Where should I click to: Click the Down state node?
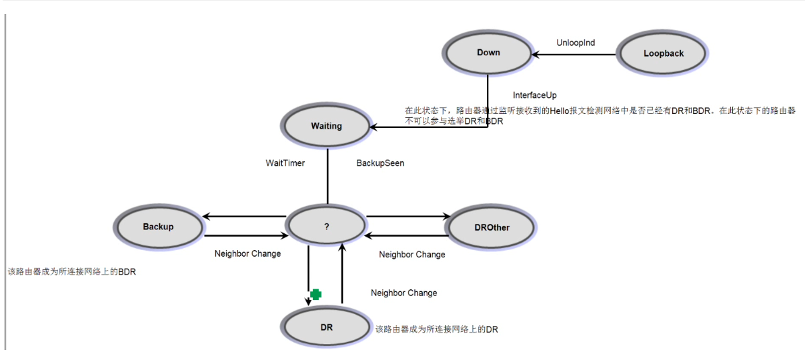tap(488, 53)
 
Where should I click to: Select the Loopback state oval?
tap(663, 53)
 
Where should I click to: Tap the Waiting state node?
tap(326, 126)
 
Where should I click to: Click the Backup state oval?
tap(158, 227)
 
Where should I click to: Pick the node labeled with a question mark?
tap(327, 227)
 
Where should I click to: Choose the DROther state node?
tap(492, 227)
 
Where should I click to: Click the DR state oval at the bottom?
tap(326, 328)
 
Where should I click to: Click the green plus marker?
tap(316, 294)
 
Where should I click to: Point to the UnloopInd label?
tap(576, 43)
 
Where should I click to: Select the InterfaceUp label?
tap(534, 95)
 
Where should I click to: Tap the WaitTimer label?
tap(285, 163)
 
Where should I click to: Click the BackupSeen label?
tap(380, 163)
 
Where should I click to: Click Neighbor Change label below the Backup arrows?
tap(247, 253)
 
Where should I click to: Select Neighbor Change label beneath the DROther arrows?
tap(412, 255)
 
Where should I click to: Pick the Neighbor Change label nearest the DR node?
tap(404, 293)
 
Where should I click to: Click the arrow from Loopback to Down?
tap(574, 54)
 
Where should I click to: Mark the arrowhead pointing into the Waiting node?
tap(373, 127)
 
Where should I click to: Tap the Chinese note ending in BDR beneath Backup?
tap(71, 272)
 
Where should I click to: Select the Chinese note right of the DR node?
tap(437, 329)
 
